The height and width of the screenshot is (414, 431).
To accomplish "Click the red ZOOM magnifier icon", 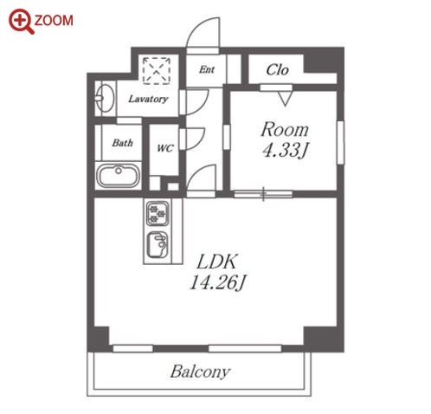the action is click(x=21, y=22).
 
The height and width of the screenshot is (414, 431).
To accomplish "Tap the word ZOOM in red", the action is click(x=54, y=21).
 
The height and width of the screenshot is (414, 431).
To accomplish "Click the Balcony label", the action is click(x=201, y=372).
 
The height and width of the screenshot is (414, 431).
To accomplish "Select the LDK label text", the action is click(x=217, y=262).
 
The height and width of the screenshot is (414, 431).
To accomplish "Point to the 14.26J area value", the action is click(x=218, y=282).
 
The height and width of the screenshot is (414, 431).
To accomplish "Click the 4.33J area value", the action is click(x=286, y=150).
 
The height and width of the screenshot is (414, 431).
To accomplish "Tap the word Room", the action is click(x=285, y=130).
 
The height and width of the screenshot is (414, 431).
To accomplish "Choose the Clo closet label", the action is click(x=277, y=70).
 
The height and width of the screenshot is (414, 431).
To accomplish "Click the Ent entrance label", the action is click(x=207, y=69).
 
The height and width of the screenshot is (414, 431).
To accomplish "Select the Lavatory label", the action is click(x=148, y=99).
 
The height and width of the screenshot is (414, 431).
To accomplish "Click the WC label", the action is click(x=165, y=148).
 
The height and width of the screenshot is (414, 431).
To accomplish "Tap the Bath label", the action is click(x=123, y=143).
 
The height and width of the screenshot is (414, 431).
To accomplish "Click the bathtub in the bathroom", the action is click(x=119, y=176).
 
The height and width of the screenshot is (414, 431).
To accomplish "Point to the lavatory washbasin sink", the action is click(x=104, y=98).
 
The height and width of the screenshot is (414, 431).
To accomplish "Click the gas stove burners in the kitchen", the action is click(x=158, y=213).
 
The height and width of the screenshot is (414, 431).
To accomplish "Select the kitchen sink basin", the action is click(x=158, y=245).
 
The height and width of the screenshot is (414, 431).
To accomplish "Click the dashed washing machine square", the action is click(x=157, y=71).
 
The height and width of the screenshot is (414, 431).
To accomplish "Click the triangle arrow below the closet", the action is click(x=286, y=99).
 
